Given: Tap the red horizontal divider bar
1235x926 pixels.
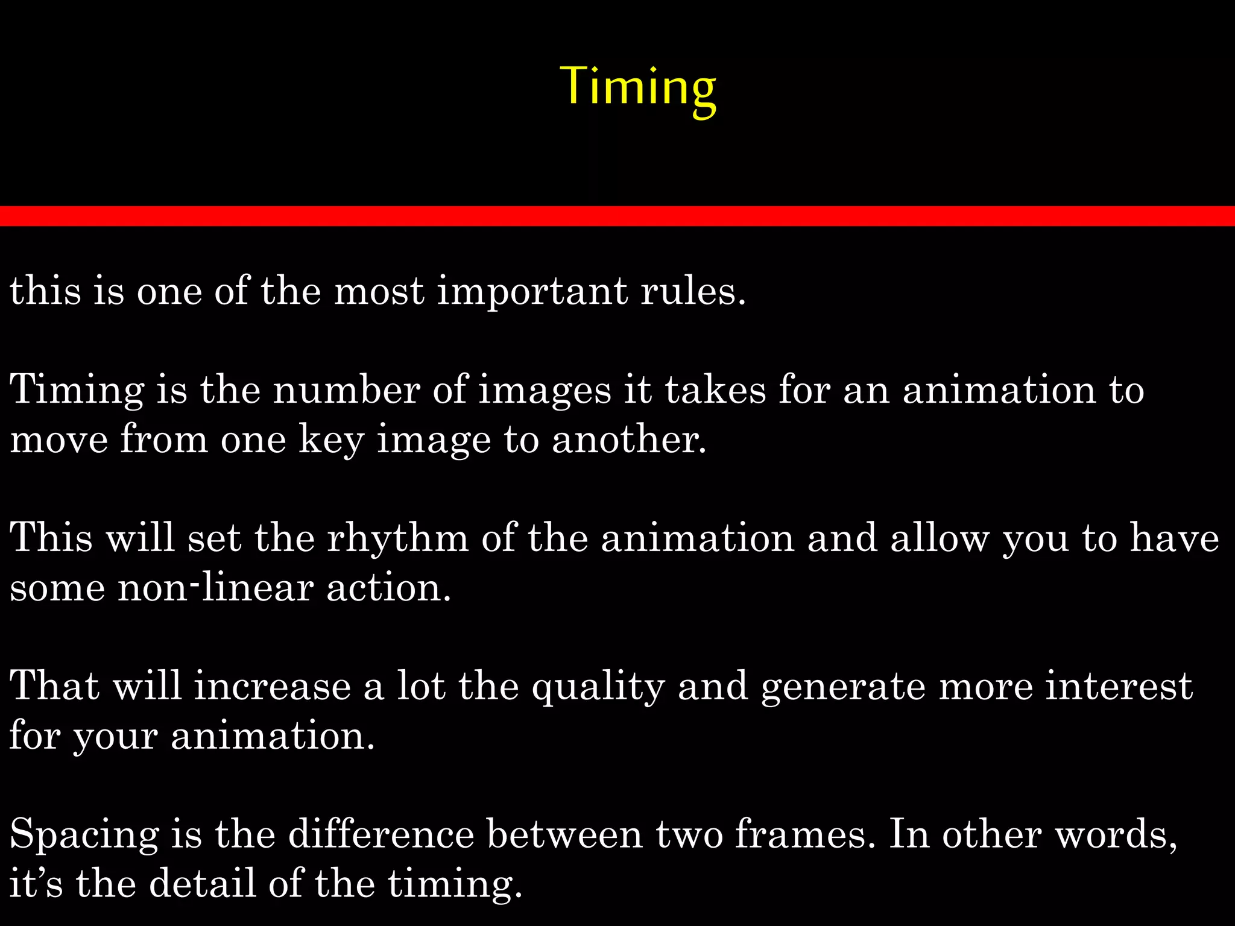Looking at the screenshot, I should [617, 216].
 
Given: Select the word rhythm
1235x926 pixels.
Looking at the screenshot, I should [397, 538].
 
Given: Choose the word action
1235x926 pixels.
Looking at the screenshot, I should [388, 588].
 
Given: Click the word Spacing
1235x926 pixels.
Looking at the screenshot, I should [84, 836].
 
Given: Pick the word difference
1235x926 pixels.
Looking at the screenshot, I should [381, 834].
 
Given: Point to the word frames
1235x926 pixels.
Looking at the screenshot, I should [804, 834].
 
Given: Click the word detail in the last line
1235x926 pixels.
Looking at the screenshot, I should [202, 884].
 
